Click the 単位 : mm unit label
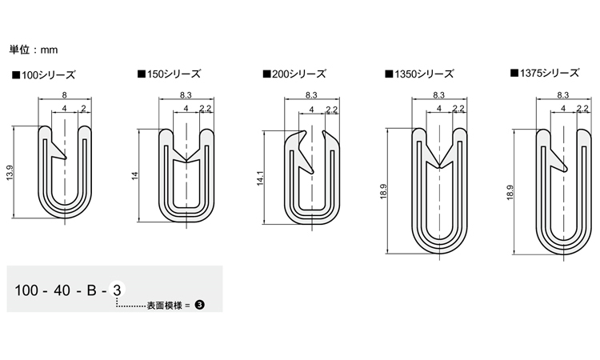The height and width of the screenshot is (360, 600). pos(34,50)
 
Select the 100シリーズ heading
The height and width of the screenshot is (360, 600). pos(43,75)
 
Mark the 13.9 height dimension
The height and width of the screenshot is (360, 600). pos(10,173)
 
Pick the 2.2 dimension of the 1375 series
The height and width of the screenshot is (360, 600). pos(582,109)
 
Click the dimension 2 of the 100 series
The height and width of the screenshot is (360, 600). pos(84,109)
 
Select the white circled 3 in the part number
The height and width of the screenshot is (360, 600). pos(117,292)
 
